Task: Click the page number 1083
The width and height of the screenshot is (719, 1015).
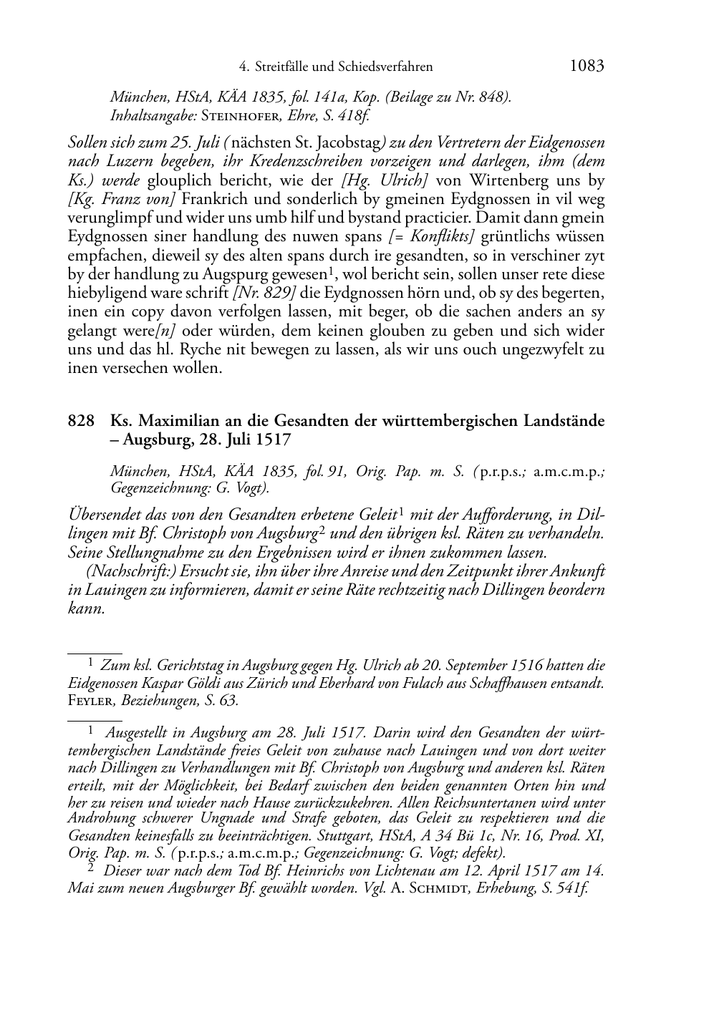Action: tap(587, 66)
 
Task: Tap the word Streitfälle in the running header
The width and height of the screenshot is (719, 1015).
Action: tap(282, 67)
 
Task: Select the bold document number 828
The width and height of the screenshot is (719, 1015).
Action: tap(81, 421)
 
